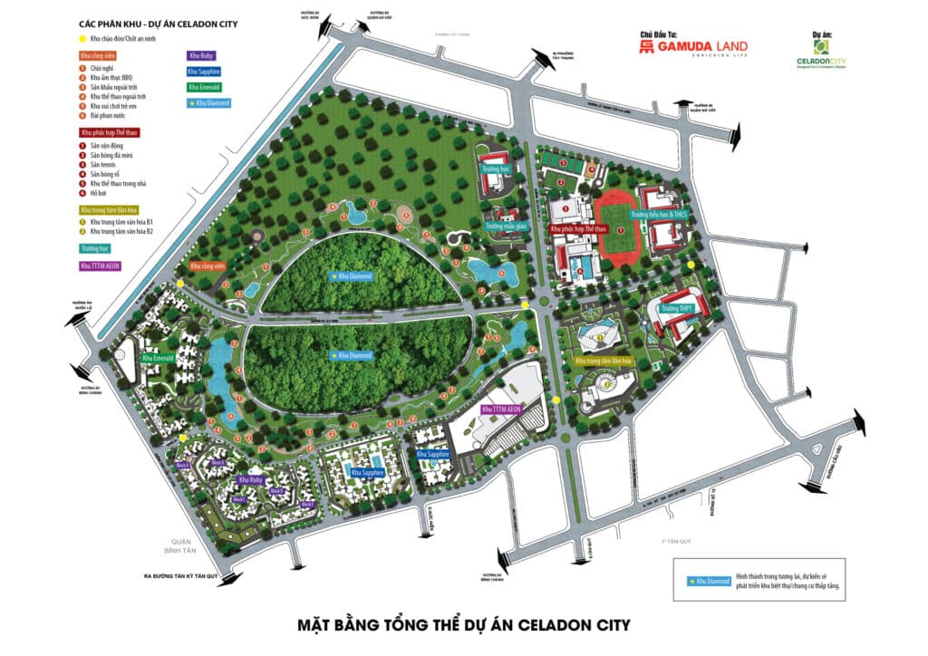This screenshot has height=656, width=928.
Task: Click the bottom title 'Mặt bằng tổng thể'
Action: point(463,625)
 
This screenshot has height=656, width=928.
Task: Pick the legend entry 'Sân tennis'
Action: point(107,164)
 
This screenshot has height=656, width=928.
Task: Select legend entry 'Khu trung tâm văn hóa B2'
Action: point(125,230)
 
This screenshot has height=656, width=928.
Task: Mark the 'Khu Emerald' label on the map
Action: point(158,358)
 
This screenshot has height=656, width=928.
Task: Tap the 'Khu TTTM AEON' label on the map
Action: point(502,410)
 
